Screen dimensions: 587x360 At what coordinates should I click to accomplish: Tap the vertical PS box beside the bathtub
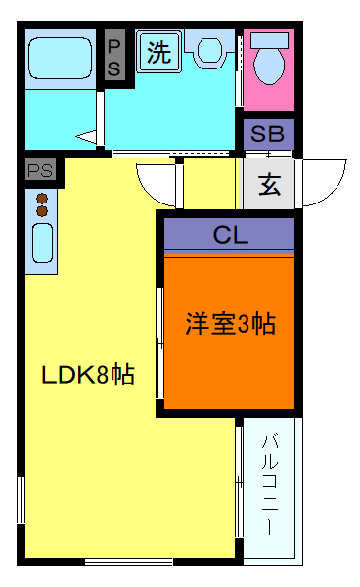click(114, 58)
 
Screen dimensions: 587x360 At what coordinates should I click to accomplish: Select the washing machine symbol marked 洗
click(157, 53)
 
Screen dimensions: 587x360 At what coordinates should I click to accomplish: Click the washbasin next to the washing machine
click(209, 50)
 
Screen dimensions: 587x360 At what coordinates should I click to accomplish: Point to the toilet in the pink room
click(269, 61)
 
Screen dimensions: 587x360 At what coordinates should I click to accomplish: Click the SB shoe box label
click(268, 134)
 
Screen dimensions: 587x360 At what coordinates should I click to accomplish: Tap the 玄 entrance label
click(269, 183)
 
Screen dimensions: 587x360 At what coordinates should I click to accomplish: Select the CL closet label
click(230, 235)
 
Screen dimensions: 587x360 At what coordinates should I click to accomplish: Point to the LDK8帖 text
click(87, 374)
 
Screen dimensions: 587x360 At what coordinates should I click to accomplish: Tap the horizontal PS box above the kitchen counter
click(40, 169)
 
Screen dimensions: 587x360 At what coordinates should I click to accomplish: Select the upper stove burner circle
click(42, 198)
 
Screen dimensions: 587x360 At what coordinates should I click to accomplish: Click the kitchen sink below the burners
click(42, 242)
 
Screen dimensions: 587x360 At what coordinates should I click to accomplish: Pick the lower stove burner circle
click(42, 210)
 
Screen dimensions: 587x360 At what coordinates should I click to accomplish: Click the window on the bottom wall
click(128, 561)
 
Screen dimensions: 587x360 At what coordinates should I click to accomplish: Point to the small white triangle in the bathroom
click(87, 137)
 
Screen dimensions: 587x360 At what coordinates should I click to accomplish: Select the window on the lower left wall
click(21, 502)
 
